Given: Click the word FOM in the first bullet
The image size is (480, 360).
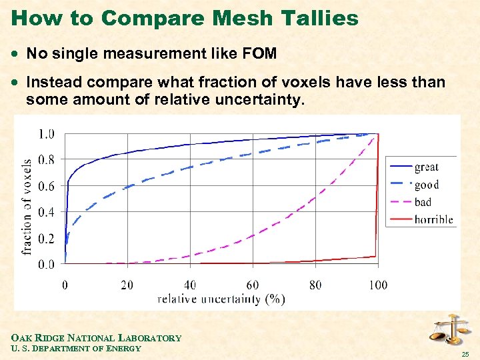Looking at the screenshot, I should pos(256,53).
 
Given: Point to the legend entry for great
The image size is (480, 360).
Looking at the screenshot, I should pos(426,167).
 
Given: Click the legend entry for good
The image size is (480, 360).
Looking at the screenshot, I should pos(426,185).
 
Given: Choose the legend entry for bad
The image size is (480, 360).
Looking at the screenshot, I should pos(423,202).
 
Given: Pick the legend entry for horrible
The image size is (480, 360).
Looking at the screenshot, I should pos(433,219).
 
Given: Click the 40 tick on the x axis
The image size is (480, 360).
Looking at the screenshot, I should pos(189,285).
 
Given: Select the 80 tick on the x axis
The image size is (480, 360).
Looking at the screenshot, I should pos(315,285).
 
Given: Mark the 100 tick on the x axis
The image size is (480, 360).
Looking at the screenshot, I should pos(377,285).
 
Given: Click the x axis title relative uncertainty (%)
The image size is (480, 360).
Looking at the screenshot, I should pos(221,299).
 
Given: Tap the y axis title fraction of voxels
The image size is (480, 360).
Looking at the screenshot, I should pos(27,207).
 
